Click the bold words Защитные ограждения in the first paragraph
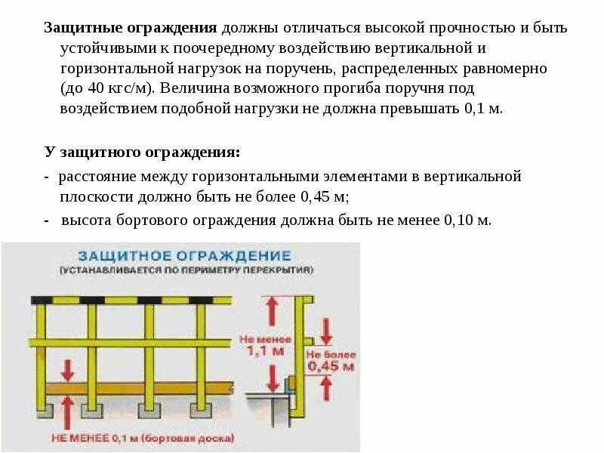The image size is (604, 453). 131,28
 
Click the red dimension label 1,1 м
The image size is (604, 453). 259,351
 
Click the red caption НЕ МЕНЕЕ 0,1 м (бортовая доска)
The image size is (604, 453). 142,438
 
